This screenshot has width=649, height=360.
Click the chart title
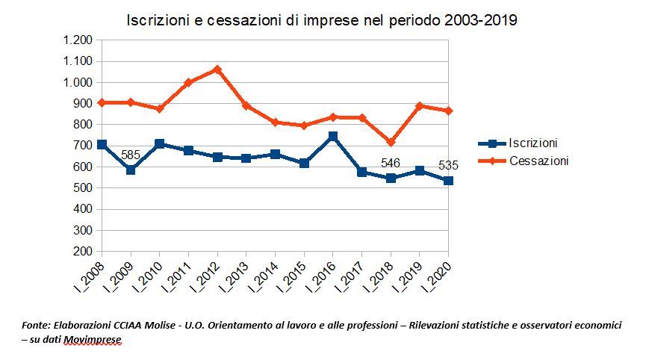(x=321, y=20)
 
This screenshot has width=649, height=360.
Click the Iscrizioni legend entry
(x=532, y=143)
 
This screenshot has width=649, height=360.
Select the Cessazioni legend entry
(x=538, y=161)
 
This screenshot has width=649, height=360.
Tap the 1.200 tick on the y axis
(x=77, y=40)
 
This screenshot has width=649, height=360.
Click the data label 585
(x=131, y=155)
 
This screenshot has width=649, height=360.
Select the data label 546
(x=391, y=163)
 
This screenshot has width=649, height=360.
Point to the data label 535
(x=448, y=165)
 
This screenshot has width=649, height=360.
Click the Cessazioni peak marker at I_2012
(x=217, y=69)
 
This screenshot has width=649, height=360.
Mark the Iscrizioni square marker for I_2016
(x=333, y=137)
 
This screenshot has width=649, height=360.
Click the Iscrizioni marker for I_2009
(x=131, y=170)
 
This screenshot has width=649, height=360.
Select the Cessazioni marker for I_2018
(x=391, y=142)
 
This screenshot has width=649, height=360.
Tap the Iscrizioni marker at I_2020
(x=448, y=181)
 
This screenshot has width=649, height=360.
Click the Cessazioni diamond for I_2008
(x=102, y=102)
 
